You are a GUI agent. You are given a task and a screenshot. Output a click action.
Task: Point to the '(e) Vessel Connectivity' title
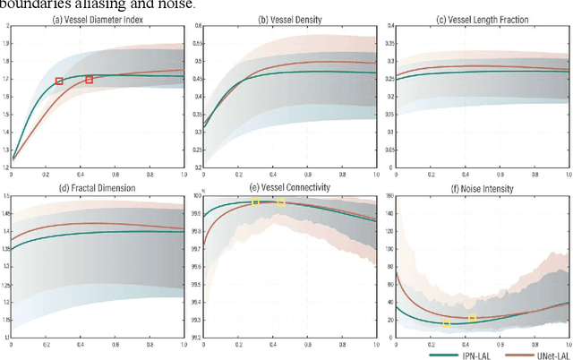point(286,186)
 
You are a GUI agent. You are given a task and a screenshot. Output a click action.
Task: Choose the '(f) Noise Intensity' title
point(479,186)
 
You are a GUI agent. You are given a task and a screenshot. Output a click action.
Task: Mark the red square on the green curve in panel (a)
point(60,81)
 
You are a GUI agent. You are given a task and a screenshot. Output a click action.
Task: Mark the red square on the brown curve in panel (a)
point(89,80)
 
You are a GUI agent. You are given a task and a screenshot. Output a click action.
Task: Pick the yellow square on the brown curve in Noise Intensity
point(473,319)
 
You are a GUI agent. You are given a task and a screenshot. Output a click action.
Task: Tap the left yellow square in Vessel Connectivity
point(255,202)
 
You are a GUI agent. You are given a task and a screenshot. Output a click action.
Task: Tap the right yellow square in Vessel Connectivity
point(280,203)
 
